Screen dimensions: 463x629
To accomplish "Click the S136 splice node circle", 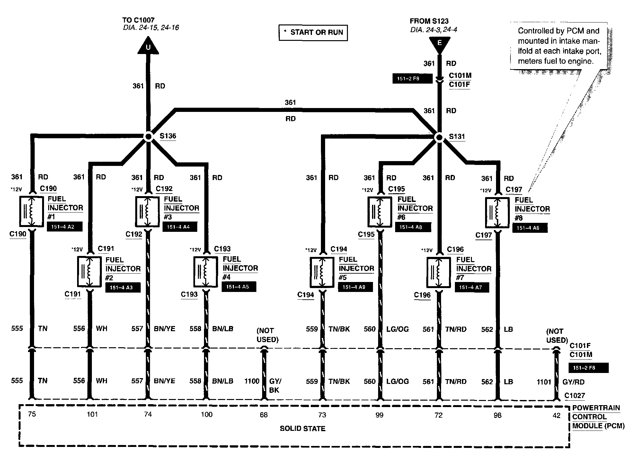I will tap(148, 137).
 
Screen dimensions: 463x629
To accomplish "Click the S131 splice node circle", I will tap(439, 138).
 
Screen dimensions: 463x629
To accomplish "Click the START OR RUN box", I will tap(313, 32).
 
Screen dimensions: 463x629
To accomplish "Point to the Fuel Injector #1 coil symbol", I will tap(31, 212).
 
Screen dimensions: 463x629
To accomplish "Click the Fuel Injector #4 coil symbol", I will tap(206, 272).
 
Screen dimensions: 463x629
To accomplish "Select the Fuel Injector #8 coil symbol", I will tap(497, 212).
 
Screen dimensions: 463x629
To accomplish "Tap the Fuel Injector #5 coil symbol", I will tap(322, 272).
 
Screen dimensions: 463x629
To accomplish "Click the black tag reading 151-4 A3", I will tap(123, 287).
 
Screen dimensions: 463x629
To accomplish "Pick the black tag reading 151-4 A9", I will tap(355, 287).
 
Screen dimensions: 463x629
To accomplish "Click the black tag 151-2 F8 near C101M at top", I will tap(412, 78).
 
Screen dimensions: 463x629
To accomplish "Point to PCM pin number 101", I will tap(92, 414).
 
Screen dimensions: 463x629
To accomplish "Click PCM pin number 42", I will tap(556, 415).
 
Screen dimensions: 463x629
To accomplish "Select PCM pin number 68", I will tap(263, 415).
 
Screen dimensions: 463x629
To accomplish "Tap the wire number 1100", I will tap(252, 381).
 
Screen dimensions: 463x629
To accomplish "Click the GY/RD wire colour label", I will tap(573, 382).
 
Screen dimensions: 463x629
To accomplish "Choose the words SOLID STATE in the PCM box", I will tap(302, 429).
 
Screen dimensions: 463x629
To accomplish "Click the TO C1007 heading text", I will tap(138, 20).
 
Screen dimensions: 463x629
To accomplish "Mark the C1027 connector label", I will tap(575, 396).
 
